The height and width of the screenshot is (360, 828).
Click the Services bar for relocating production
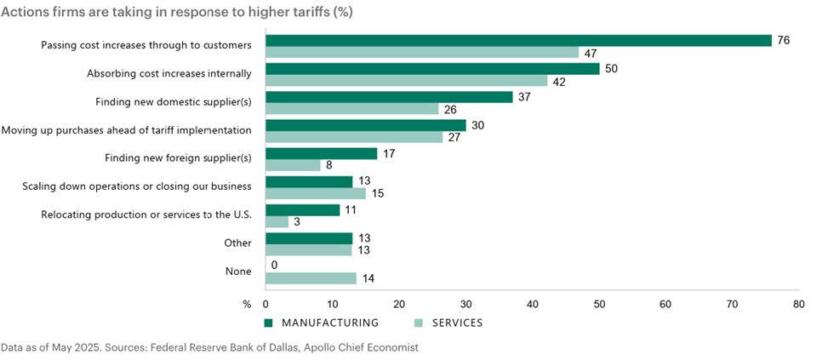[277, 222]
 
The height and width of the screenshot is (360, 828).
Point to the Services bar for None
[311, 278]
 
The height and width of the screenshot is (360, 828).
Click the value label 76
[784, 40]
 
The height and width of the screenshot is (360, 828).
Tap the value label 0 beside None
[274, 266]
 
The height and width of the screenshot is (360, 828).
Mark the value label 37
[526, 97]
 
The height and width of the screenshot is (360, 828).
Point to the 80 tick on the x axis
[798, 303]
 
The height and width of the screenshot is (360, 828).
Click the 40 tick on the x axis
[532, 303]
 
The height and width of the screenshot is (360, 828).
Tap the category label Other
[238, 243]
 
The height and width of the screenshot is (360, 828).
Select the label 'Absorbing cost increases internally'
[169, 73]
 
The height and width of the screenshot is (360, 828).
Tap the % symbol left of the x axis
[248, 303]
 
